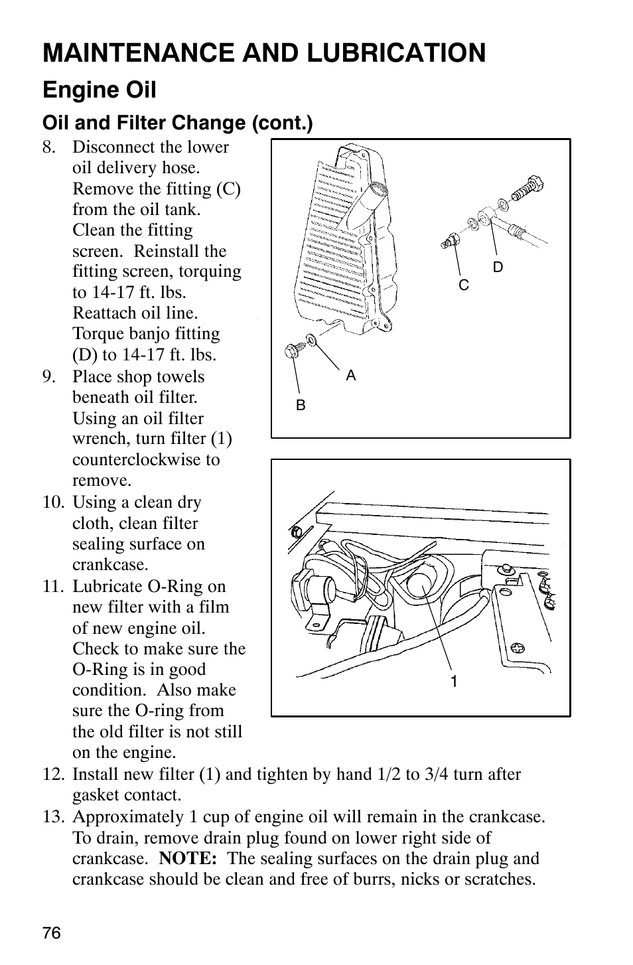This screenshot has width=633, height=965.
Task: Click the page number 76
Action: click(52, 932)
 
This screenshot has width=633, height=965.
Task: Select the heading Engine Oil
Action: click(100, 90)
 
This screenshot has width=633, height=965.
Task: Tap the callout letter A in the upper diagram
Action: click(351, 376)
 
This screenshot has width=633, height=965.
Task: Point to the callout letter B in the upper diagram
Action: click(301, 405)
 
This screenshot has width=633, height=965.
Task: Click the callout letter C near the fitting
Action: click(464, 285)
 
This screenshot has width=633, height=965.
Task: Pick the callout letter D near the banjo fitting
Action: click(498, 267)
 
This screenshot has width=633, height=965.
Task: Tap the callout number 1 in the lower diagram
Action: click(454, 681)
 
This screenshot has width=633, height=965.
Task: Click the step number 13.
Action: click(54, 816)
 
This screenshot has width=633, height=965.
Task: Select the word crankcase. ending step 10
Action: click(110, 564)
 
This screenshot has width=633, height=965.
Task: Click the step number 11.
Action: click(54, 586)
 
